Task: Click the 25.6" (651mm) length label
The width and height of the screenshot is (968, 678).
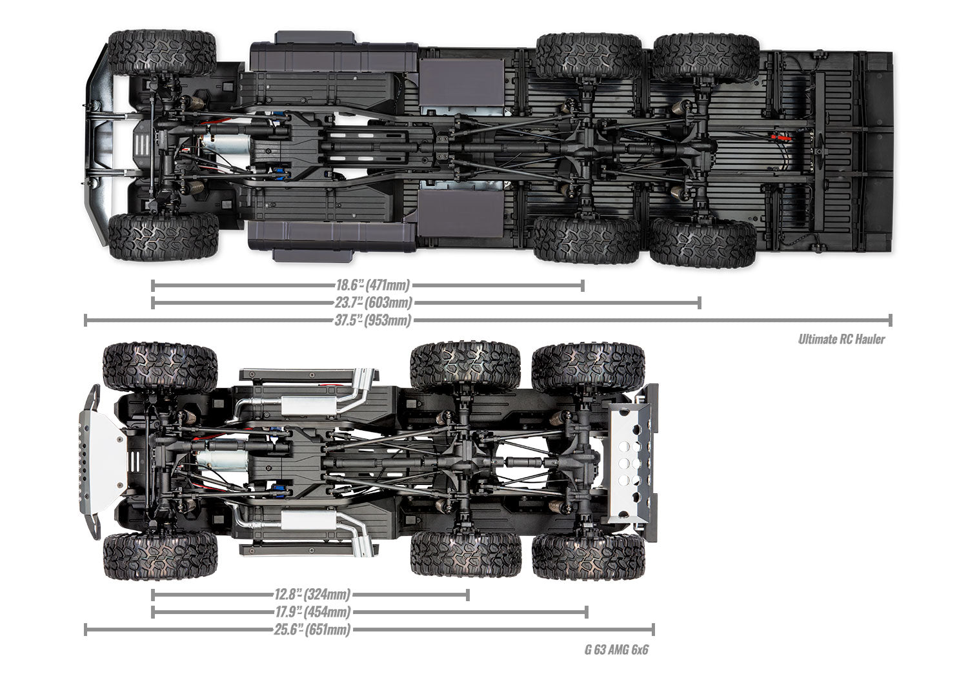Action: pos(312,630)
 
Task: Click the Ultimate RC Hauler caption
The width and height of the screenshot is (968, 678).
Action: pos(841,339)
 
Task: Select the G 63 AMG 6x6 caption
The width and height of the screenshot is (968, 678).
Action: pos(616,649)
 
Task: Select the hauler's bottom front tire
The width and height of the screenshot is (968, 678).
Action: pos(163,236)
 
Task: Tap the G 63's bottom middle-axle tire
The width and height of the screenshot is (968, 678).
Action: pos(466,554)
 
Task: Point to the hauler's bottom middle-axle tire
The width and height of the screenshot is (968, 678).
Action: pos(587,239)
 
